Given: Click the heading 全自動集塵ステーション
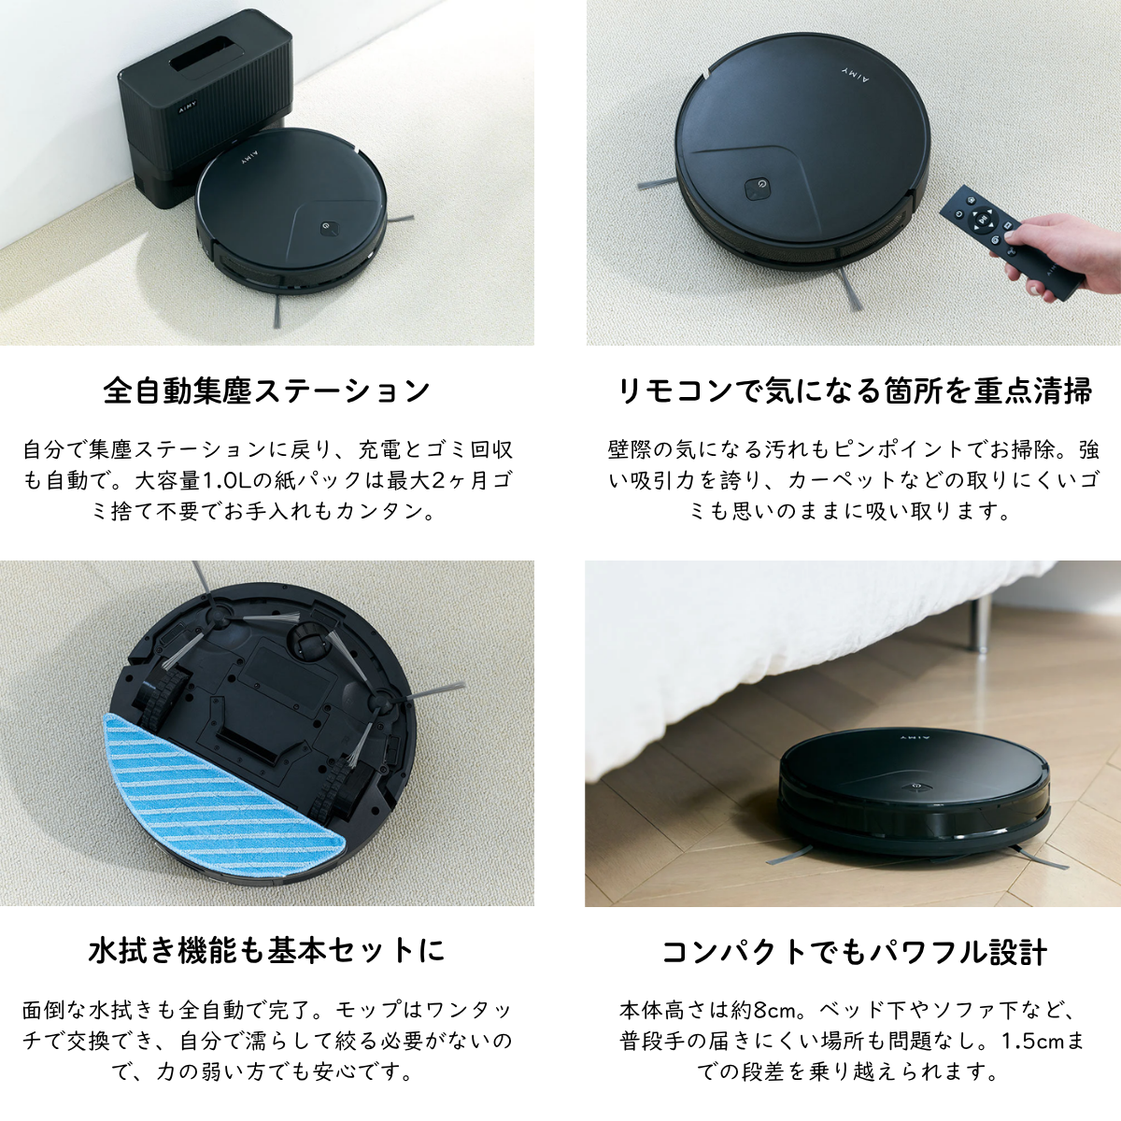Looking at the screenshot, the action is [266, 390].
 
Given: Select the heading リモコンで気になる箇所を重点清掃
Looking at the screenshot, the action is [854, 390].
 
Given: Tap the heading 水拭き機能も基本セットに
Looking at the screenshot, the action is [266, 951].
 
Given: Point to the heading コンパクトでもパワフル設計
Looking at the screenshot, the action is [854, 952].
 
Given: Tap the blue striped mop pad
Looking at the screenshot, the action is [221, 794].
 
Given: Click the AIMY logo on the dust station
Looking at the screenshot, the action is [188, 107].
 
